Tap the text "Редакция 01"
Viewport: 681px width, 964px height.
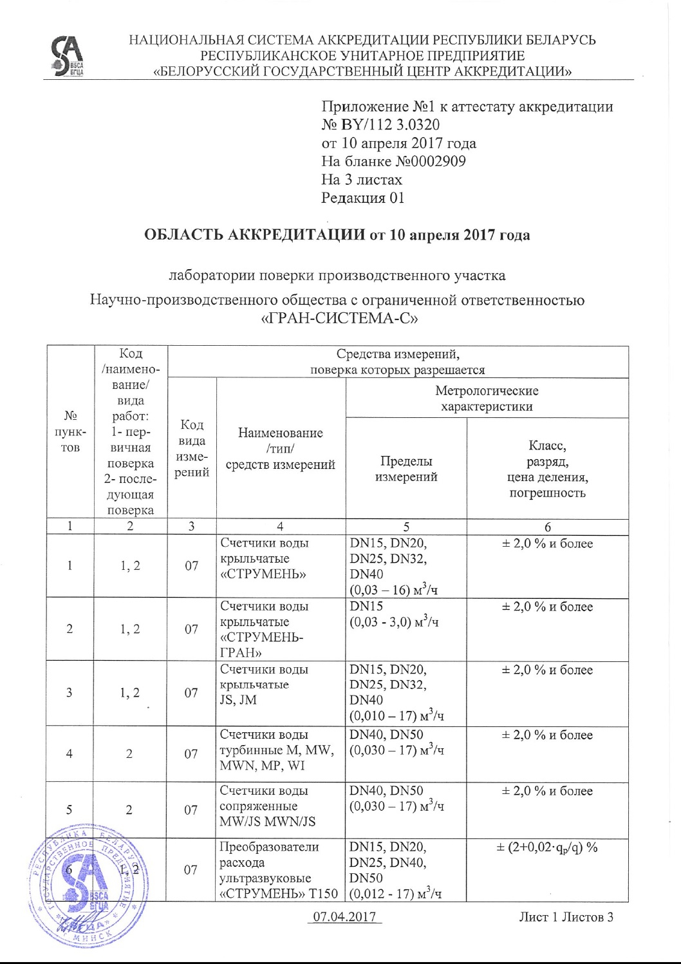point(363,198)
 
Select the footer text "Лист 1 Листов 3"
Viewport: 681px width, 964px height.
point(566,916)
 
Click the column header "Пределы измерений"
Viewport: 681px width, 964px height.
point(406,469)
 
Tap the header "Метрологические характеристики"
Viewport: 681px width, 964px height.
point(487,398)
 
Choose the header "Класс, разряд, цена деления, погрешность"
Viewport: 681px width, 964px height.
point(547,469)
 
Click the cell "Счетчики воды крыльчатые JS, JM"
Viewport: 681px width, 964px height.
point(264,685)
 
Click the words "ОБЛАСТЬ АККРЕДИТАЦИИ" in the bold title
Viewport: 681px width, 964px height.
point(254,234)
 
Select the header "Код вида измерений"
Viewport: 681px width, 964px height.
point(192,449)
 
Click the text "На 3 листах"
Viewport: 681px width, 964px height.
point(362,180)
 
